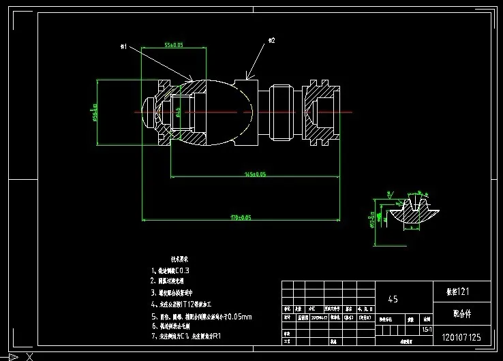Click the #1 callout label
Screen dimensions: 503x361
click(x=124, y=46)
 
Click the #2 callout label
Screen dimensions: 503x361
click(x=271, y=41)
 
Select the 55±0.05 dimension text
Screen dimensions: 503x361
click(x=174, y=45)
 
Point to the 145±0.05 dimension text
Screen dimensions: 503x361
click(x=255, y=174)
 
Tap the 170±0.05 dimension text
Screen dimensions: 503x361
click(x=241, y=217)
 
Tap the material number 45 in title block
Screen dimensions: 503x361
click(x=393, y=299)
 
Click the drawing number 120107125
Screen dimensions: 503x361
click(x=461, y=337)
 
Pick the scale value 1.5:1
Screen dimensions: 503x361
click(x=427, y=328)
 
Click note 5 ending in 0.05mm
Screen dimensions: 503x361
click(x=201, y=317)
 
